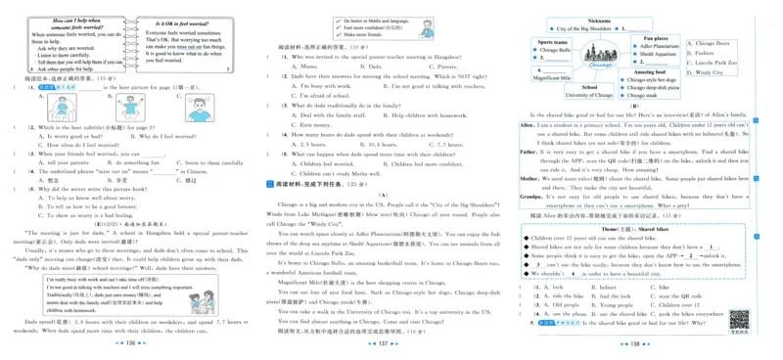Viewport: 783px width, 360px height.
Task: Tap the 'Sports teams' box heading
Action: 553,42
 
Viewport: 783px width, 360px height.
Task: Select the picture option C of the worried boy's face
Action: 197,105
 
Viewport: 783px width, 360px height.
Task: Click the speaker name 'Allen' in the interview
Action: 527,125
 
